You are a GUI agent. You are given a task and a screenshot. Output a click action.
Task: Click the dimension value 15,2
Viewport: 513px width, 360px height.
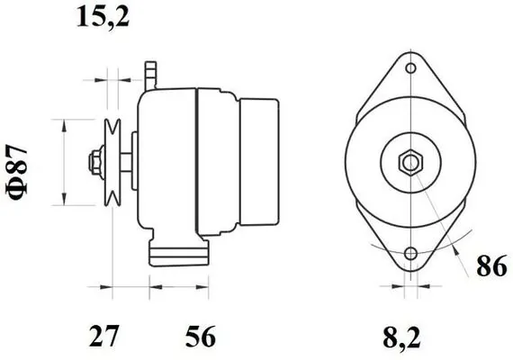pos(101,16)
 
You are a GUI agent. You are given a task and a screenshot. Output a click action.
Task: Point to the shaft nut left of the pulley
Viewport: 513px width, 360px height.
pos(93,163)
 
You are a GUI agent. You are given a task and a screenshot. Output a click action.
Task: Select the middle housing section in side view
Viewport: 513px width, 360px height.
pos(216,162)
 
